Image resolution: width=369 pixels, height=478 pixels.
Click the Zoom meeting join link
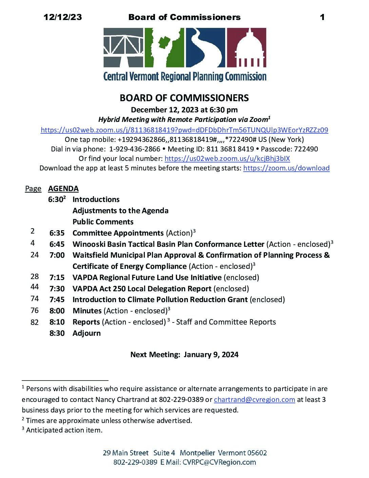pyautogui.click(x=184, y=130)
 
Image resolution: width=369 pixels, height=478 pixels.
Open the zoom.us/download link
pyautogui.click(x=286, y=168)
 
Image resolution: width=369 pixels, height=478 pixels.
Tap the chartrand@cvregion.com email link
pyautogui.click(x=254, y=400)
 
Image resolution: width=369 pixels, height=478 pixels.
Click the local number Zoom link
pyautogui.click(x=227, y=159)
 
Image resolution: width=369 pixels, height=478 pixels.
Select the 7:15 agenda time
pyautogui.click(x=57, y=278)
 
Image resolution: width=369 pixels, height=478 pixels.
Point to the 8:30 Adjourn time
pyautogui.click(x=57, y=333)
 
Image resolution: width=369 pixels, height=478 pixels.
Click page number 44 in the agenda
pyautogui.click(x=35, y=287)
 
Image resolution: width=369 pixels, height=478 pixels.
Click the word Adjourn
pyautogui.click(x=86, y=333)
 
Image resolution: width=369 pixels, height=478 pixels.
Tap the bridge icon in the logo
pyautogui.click(x=123, y=48)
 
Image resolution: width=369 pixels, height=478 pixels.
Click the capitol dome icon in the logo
pyautogui.click(x=247, y=48)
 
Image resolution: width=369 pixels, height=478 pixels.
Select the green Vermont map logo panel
pyautogui.click(x=164, y=48)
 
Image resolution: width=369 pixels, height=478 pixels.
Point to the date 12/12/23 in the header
pyautogui.click(x=63, y=17)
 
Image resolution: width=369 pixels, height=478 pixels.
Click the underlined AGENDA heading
pyautogui.click(x=63, y=189)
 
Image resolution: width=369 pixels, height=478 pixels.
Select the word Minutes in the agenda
pyautogui.click(x=87, y=311)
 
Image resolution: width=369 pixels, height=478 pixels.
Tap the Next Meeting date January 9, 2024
pyautogui.click(x=211, y=355)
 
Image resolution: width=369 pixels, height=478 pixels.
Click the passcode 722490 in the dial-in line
pyautogui.click(x=307, y=149)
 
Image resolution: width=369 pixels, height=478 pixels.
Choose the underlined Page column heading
pyautogui.click(x=33, y=189)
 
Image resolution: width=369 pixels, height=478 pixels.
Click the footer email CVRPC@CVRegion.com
pyautogui.click(x=219, y=462)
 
